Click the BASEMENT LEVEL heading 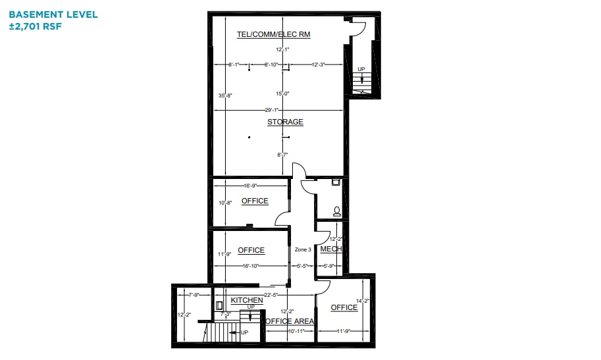(x=53, y=14)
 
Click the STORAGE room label (x=285, y=122)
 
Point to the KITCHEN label (x=247, y=300)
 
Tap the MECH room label (x=330, y=249)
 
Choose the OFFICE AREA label (x=289, y=321)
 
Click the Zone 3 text (x=303, y=249)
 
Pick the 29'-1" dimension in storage (x=272, y=110)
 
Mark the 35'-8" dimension (x=225, y=96)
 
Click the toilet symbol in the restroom (x=337, y=211)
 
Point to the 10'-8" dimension (x=225, y=203)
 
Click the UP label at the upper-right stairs (x=361, y=69)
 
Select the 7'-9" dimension (x=194, y=294)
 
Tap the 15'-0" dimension (x=282, y=94)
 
